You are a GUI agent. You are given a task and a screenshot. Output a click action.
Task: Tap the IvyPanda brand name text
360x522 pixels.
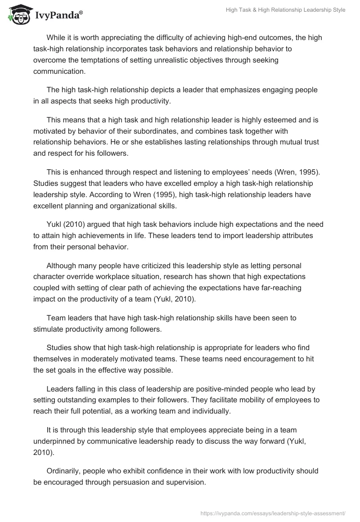point(58,16)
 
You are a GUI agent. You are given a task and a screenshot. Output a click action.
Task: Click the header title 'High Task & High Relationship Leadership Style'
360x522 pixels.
point(285,10)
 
